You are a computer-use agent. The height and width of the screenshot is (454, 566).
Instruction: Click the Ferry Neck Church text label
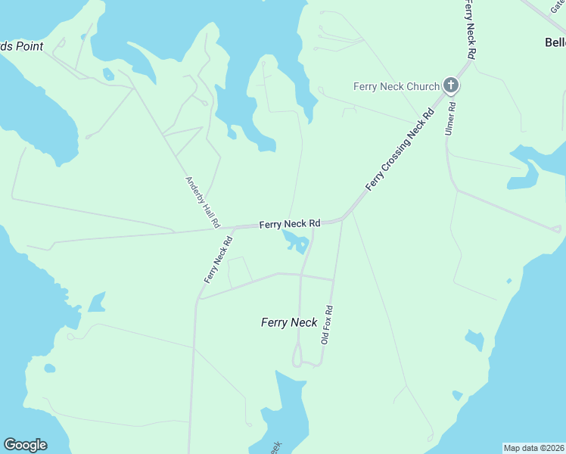(396, 86)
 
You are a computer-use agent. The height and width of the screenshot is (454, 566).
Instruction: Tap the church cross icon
(451, 85)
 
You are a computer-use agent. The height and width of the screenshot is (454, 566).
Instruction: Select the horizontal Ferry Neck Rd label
(291, 224)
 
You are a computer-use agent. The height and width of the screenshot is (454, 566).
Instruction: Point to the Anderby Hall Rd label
(203, 202)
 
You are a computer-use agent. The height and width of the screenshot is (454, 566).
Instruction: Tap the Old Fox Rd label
(326, 325)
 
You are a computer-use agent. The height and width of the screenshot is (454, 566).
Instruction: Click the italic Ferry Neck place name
(289, 322)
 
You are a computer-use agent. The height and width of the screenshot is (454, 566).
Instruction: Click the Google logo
(25, 445)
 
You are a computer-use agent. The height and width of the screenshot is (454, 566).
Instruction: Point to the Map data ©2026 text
(534, 447)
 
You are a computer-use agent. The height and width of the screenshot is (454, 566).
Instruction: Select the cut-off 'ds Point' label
(21, 46)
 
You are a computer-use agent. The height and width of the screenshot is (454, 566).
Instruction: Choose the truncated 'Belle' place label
(555, 42)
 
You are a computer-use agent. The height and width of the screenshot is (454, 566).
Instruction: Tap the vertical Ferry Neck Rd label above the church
(470, 30)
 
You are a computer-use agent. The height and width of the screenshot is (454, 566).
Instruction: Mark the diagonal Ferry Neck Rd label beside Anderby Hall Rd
(217, 260)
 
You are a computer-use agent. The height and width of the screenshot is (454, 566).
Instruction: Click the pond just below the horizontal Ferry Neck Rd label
(294, 241)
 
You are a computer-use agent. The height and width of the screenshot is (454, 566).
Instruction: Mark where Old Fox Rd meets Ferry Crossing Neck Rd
(343, 219)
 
